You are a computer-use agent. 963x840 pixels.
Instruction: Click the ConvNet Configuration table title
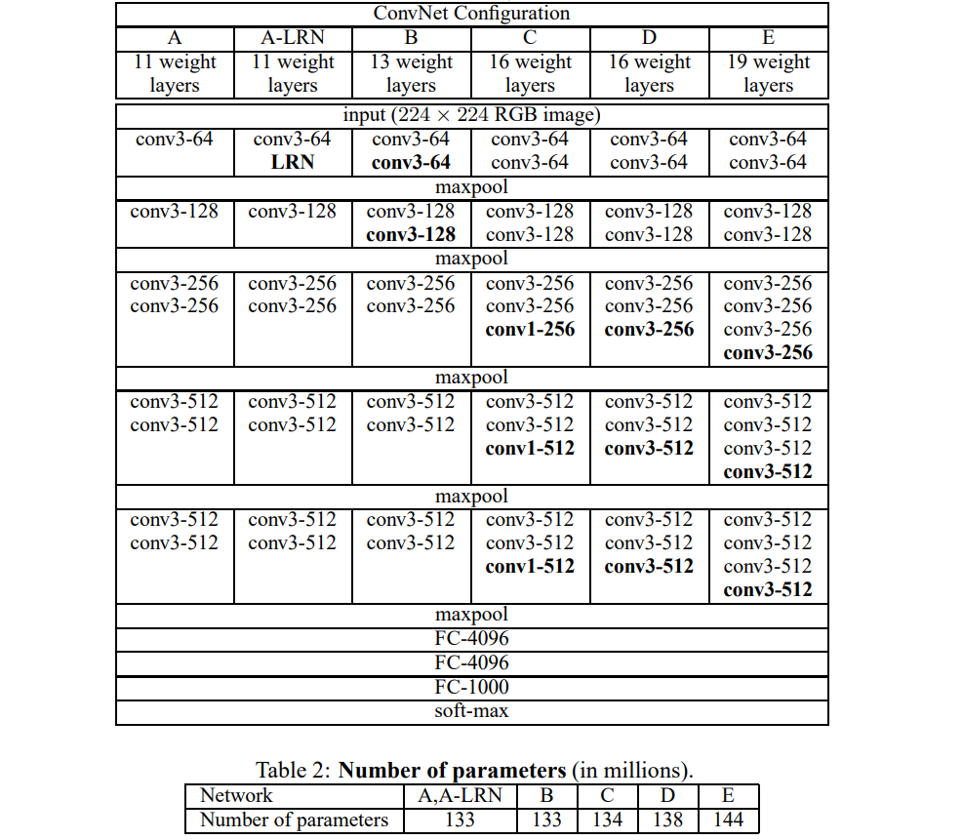pos(471,14)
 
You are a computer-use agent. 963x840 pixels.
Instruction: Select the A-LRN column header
pos(292,38)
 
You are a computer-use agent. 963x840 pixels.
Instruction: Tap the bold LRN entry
pos(293,162)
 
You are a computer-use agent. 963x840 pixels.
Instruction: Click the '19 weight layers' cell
pos(768,73)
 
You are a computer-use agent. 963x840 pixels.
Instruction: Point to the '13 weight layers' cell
pos(411,73)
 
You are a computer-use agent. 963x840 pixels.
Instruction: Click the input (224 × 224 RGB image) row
pos(470,115)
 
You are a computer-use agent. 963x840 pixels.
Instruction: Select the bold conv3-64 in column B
pos(411,162)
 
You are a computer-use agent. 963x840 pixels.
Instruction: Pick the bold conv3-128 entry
pos(411,234)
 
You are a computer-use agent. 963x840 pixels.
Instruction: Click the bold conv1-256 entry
pos(530,330)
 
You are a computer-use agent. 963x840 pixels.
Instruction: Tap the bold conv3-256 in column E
pos(768,353)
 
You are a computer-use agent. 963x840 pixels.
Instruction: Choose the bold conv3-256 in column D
pos(649,330)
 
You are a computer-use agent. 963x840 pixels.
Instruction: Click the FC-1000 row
pos(471,687)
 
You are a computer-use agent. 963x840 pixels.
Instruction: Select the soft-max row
pos(471,710)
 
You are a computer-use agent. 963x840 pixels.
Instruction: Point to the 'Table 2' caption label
pos(292,770)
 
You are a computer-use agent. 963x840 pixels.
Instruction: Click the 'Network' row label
pos(236,795)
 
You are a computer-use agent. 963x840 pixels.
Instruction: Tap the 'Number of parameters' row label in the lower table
pos(294,820)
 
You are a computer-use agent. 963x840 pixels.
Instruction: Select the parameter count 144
pos(728,820)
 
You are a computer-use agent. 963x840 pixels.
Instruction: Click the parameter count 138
pos(667,820)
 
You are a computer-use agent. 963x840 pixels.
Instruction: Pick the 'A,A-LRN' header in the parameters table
pos(460,795)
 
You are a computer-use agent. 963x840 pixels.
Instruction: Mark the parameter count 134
pos(607,820)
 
